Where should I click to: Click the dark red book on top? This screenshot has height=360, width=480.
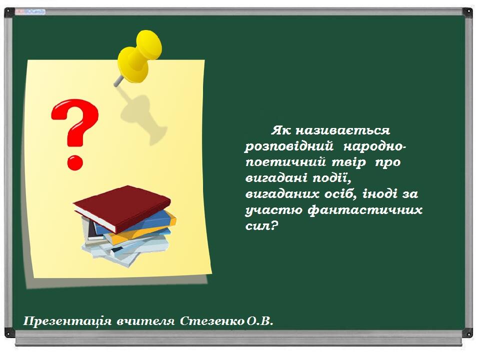pyautogui.click(x=122, y=208)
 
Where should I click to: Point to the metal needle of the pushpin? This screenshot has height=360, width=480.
pyautogui.click(x=119, y=81)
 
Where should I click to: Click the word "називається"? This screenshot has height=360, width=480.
pyautogui.click(x=342, y=130)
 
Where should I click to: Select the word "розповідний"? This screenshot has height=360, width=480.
pyautogui.click(x=288, y=146)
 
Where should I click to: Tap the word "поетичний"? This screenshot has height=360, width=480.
pyautogui.click(x=285, y=162)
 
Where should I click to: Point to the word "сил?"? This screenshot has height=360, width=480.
pyautogui.click(x=261, y=226)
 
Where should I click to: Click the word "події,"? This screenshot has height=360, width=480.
pyautogui.click(x=331, y=178)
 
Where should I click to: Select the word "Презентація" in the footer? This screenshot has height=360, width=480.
pyautogui.click(x=67, y=321)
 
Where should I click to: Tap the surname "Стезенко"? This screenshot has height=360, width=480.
pyautogui.click(x=212, y=321)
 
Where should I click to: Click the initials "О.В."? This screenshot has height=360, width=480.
pyautogui.click(x=259, y=321)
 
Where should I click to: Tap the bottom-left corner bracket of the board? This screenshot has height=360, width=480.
pyautogui.click(x=9, y=332)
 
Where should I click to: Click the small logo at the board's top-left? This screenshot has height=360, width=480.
pyautogui.click(x=30, y=11)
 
